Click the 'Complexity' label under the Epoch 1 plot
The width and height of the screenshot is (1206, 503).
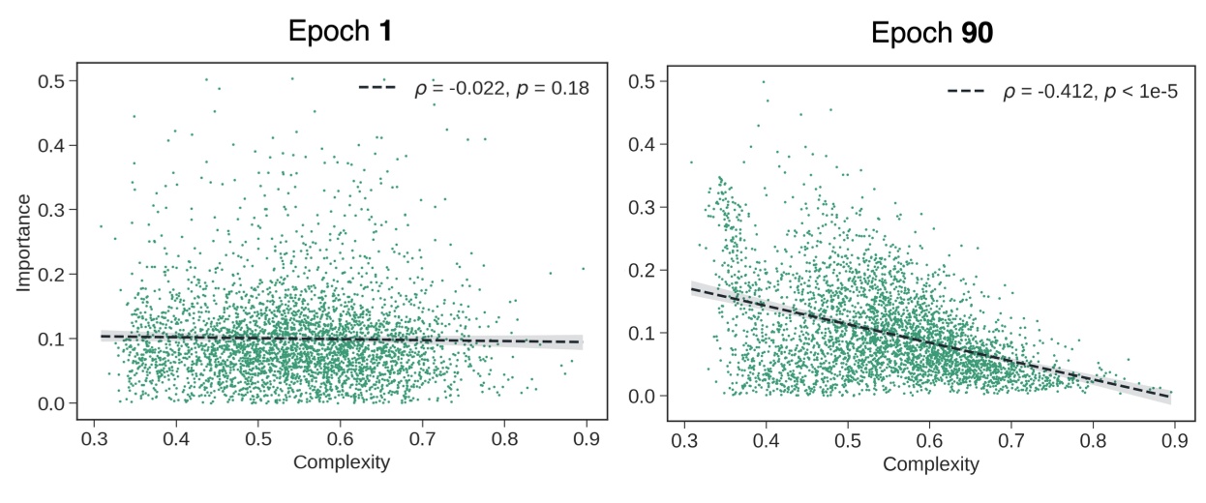[341, 461]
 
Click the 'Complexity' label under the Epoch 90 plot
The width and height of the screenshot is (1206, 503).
[930, 464]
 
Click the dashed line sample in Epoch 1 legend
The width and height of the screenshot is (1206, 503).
[377, 87]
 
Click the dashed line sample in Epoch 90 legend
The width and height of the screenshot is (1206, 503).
[965, 92]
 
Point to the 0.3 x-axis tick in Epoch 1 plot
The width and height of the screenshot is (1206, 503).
[94, 438]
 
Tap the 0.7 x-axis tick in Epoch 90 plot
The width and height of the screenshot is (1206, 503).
[1010, 441]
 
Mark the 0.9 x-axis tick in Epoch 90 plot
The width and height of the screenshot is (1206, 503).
[1173, 441]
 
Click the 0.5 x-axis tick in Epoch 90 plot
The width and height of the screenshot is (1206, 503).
[848, 441]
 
